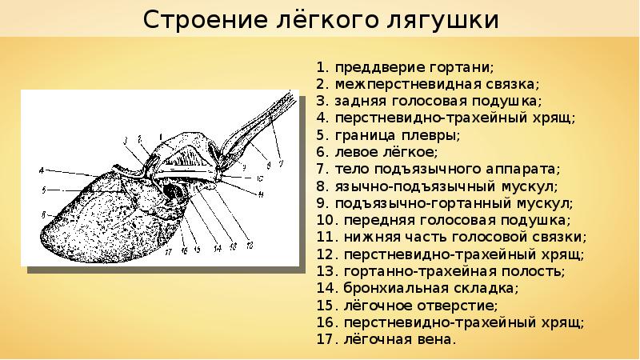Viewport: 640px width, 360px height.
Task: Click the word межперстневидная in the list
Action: tap(398, 83)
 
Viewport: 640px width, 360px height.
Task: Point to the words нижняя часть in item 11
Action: tap(388, 238)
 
